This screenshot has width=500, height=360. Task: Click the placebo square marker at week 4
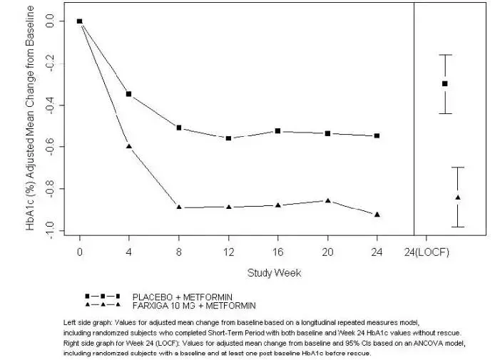129,94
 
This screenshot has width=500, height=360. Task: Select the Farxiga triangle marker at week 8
179,207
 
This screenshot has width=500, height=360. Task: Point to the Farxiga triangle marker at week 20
328,201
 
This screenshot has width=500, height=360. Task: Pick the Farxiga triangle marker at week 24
377,215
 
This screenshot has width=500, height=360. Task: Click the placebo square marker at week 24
377,135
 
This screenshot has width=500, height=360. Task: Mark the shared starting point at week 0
80,21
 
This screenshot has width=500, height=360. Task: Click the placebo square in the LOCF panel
445,83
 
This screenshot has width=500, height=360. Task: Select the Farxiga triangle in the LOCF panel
458,197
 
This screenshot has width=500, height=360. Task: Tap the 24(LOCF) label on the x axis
427,252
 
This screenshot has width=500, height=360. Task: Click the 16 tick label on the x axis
278,252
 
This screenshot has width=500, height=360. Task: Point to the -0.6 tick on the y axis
51,147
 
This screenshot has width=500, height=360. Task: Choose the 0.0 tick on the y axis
51,21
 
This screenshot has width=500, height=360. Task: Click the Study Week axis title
275,272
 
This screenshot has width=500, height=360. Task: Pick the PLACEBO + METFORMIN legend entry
182,296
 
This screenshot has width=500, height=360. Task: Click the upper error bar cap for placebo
445,55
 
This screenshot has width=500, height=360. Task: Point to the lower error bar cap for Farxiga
458,227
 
